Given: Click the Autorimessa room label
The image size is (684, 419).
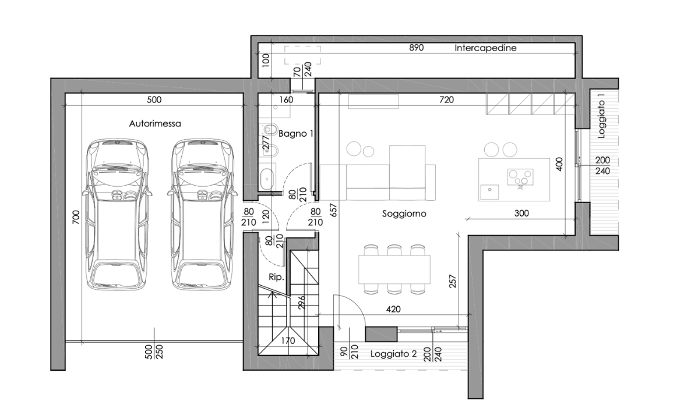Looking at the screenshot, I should pyautogui.click(x=155, y=123).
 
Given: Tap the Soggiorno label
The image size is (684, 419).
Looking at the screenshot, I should pyautogui.click(x=404, y=214).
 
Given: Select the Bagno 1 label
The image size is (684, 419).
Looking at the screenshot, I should pyautogui.click(x=296, y=133).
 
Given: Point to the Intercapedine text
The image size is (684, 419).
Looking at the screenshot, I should pyautogui.click(x=485, y=48).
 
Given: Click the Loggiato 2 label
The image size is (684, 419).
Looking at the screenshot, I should pyautogui.click(x=393, y=353).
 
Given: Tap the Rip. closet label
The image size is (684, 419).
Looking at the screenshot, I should pyautogui.click(x=276, y=277).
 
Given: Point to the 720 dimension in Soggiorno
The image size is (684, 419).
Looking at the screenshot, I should pyautogui.click(x=446, y=100).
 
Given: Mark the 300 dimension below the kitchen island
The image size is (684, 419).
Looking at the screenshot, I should pyautogui.click(x=522, y=214).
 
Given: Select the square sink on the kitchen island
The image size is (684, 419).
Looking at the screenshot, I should pyautogui.click(x=488, y=189).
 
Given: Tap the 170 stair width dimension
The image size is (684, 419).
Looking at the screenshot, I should pyautogui.click(x=287, y=341).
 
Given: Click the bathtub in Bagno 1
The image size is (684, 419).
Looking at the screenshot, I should pyautogui.click(x=267, y=179).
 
